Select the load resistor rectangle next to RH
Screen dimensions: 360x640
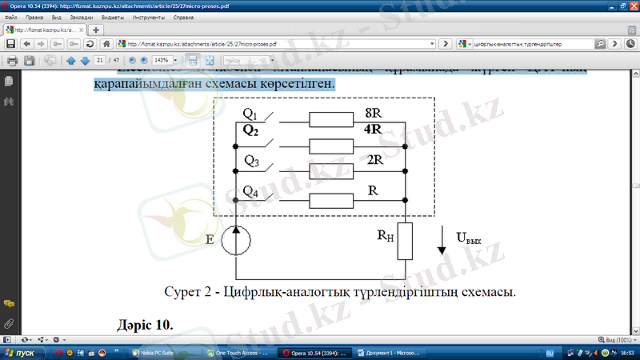[x=406, y=242]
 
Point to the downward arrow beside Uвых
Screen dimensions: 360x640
[x=442, y=240]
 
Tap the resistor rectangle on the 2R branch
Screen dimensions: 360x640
[x=331, y=170]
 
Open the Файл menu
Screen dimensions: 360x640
[x=11, y=17]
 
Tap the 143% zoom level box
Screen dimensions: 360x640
[x=164, y=60]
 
